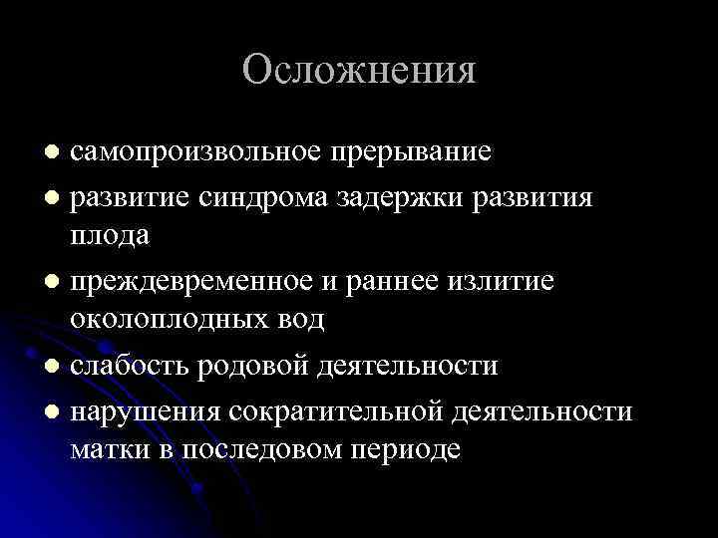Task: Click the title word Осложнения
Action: point(359,70)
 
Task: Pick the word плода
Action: point(110,235)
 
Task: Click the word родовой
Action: point(256,366)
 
